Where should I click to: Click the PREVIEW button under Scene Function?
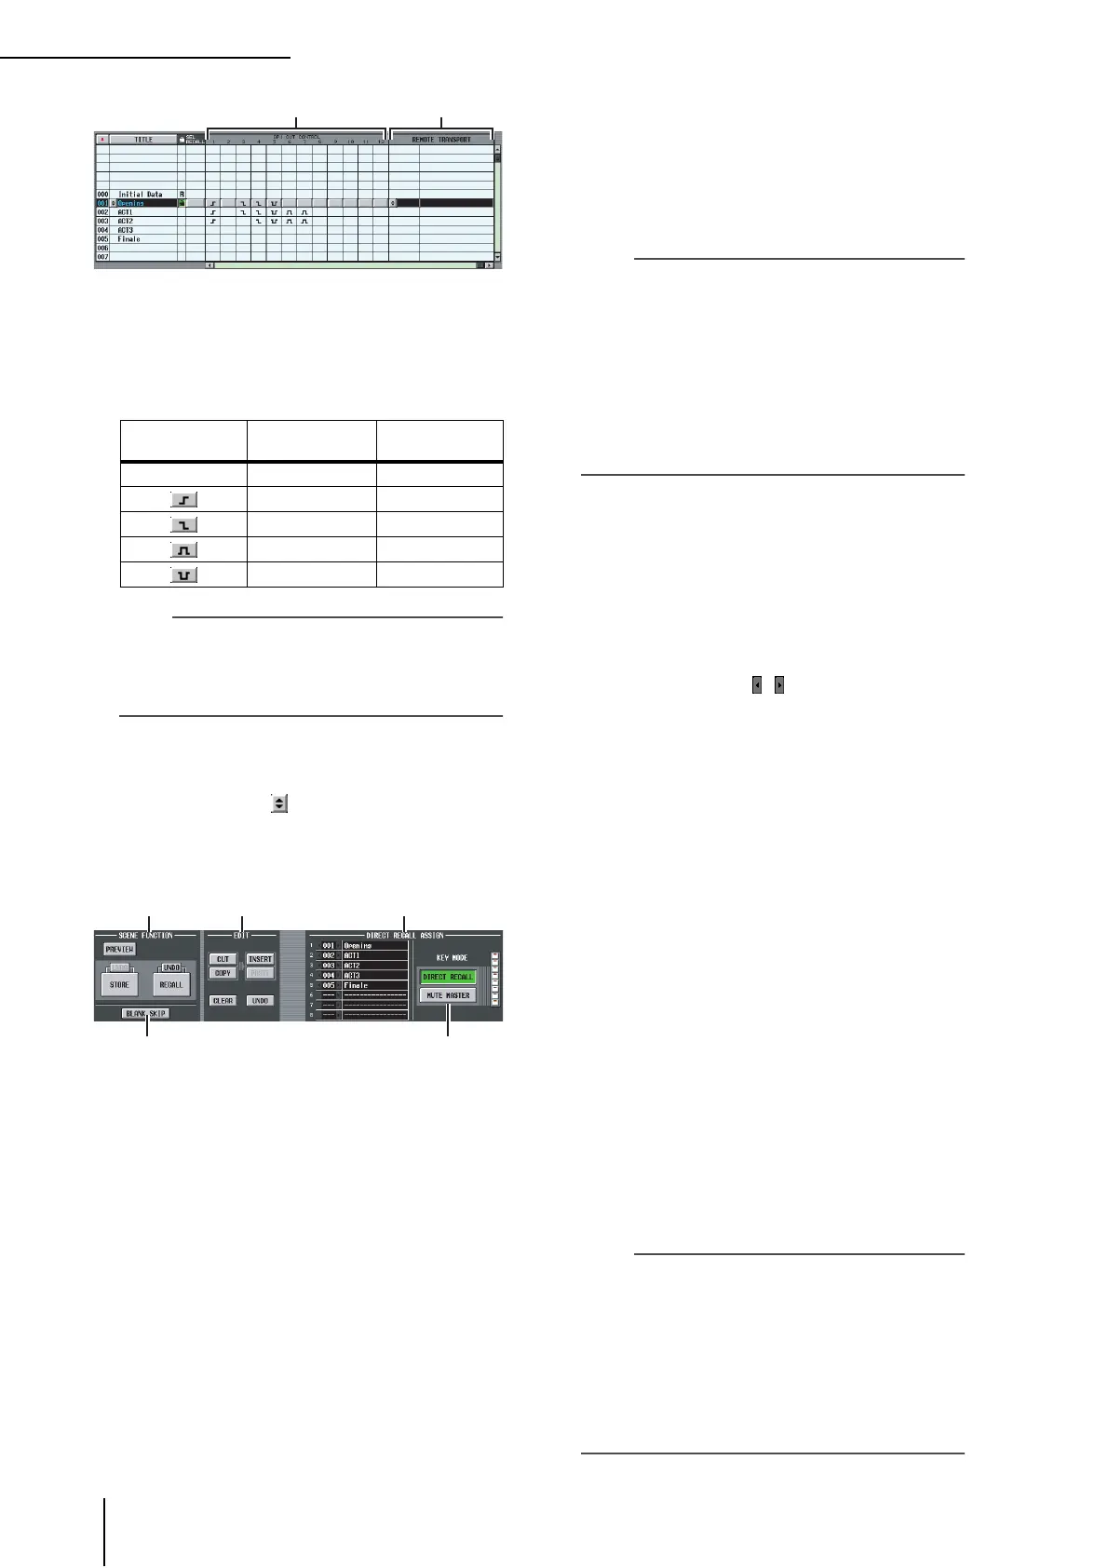pyautogui.click(x=119, y=950)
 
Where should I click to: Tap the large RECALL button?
pyautogui.click(x=171, y=984)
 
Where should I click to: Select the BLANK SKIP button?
pyautogui.click(x=145, y=1014)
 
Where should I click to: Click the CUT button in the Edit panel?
pyautogui.click(x=223, y=959)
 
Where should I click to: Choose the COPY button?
pyautogui.click(x=223, y=973)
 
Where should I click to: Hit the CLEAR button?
pyautogui.click(x=223, y=1001)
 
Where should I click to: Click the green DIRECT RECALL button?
pyautogui.click(x=448, y=978)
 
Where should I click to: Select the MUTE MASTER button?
pyautogui.click(x=448, y=995)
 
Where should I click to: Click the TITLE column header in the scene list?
pyautogui.click(x=143, y=140)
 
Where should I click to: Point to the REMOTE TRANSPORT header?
pyautogui.click(x=441, y=140)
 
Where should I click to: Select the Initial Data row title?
pyautogui.click(x=140, y=195)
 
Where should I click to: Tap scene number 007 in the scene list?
pyautogui.click(x=102, y=257)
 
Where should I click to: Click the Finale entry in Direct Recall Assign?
pyautogui.click(x=373, y=985)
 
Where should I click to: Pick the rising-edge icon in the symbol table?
pyautogui.click(x=183, y=500)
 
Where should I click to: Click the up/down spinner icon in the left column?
pyautogui.click(x=278, y=803)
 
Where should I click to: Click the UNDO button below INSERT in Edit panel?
pyautogui.click(x=261, y=1001)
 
